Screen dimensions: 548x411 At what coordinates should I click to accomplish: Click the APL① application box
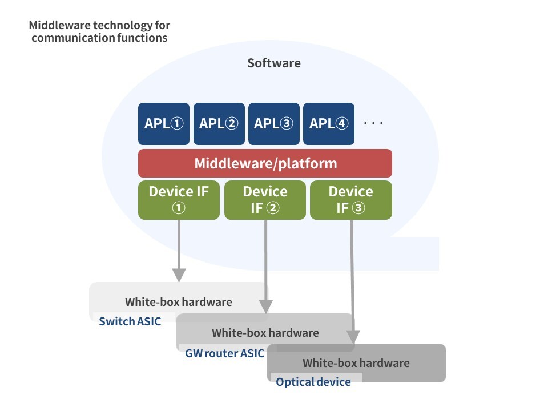pyautogui.click(x=164, y=124)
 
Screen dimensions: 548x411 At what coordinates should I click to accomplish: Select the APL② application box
pyautogui.click(x=219, y=124)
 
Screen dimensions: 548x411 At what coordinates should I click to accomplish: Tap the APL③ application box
pyautogui.click(x=274, y=124)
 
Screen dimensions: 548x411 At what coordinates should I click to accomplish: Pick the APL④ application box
pyautogui.click(x=329, y=124)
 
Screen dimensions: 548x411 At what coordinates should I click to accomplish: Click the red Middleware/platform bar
pyautogui.click(x=265, y=163)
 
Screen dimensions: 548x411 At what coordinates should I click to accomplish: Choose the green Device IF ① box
pyautogui.click(x=179, y=200)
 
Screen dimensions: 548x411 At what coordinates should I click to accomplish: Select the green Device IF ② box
pyautogui.click(x=265, y=200)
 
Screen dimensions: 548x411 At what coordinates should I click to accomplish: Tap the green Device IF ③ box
pyautogui.click(x=351, y=200)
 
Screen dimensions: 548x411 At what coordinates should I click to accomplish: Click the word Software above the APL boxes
pyautogui.click(x=274, y=63)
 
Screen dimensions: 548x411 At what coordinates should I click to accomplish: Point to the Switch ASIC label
pyautogui.click(x=130, y=321)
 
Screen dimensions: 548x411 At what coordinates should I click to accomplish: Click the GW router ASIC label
pyautogui.click(x=224, y=353)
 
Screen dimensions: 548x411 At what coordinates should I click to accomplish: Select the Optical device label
pyautogui.click(x=313, y=382)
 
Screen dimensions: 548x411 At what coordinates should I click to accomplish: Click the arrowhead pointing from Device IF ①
pyautogui.click(x=179, y=275)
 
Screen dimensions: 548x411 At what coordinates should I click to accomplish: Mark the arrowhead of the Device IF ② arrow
pyautogui.click(x=266, y=307)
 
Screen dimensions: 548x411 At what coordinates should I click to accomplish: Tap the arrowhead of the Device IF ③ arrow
pyautogui.click(x=353, y=337)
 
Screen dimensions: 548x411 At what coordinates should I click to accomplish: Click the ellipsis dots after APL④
pyautogui.click(x=373, y=123)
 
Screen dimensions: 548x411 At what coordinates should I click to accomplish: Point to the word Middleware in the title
pyautogui.click(x=60, y=25)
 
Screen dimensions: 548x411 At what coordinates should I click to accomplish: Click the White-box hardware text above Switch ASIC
pyautogui.click(x=179, y=302)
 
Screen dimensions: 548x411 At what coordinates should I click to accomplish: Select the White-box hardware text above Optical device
pyautogui.click(x=356, y=363)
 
